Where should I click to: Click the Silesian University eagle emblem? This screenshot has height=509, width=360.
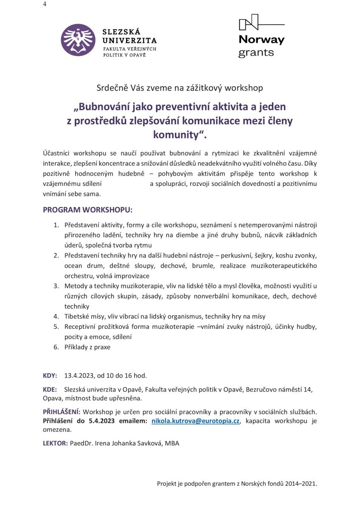(x=78, y=40)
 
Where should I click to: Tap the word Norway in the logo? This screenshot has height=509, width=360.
(x=261, y=40)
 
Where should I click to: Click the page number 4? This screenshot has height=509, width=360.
(x=45, y=4)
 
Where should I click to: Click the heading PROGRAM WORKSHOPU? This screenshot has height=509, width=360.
(x=87, y=210)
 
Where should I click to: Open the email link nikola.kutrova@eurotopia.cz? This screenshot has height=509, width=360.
(x=196, y=420)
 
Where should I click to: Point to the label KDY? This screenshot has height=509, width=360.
(x=50, y=375)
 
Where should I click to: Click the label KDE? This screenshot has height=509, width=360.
(x=50, y=389)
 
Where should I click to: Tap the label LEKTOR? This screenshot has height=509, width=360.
(x=55, y=443)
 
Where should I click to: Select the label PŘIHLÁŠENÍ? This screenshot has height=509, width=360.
(x=62, y=412)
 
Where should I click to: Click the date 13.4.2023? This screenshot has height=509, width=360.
(x=79, y=375)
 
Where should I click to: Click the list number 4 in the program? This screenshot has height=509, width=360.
(x=55, y=316)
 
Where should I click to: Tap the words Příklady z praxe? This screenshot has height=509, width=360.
(x=87, y=347)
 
